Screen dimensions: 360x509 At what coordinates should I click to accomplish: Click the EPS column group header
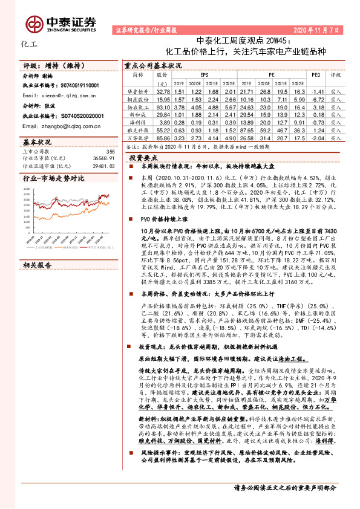tap(205, 74)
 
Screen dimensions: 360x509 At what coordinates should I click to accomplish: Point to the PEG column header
tap(315, 74)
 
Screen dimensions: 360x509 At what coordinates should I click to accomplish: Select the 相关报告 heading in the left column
tap(38, 248)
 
